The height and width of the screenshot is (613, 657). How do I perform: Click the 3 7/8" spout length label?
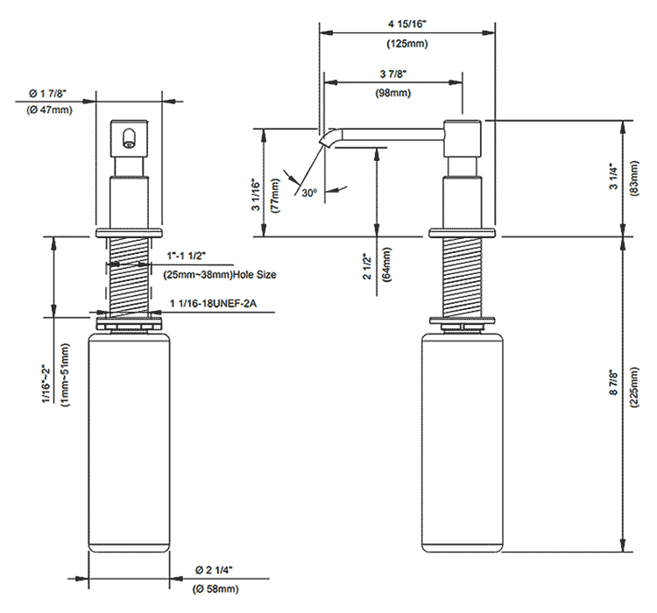click(x=393, y=74)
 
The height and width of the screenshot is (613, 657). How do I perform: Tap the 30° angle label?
click(x=307, y=191)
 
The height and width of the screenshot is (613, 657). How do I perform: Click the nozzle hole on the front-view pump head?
click(x=129, y=136)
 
